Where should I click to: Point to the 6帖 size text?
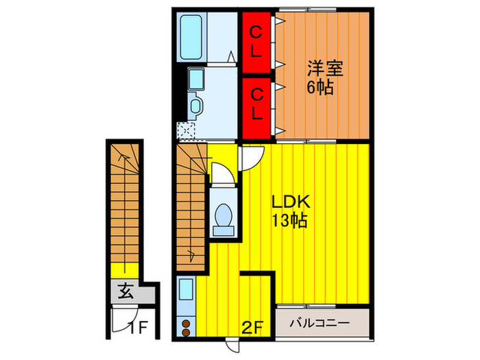[320, 88]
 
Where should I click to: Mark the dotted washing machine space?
[185, 129]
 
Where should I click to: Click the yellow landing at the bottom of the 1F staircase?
[123, 271]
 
